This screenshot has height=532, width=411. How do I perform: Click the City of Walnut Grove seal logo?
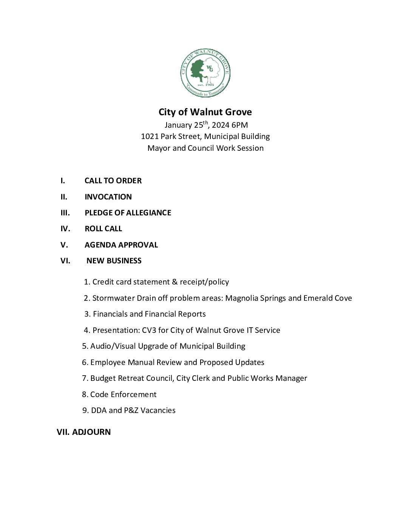pos(205,73)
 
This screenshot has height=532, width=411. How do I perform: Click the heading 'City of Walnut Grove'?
pos(205,112)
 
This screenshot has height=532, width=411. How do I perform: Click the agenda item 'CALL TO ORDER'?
pos(113,181)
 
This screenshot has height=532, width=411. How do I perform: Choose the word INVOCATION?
pos(108,197)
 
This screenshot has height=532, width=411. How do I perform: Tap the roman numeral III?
pos(65,213)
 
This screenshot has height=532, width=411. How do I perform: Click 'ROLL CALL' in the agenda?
pos(103,229)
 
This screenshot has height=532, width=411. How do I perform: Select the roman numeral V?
pos(64,245)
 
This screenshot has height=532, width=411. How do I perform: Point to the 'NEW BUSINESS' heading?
pos(114,261)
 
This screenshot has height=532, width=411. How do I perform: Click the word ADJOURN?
pos(91,432)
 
